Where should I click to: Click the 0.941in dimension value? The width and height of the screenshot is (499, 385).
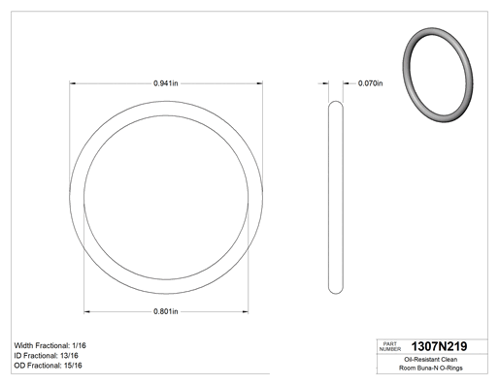click(166, 83)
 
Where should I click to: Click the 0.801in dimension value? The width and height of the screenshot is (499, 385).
click(166, 311)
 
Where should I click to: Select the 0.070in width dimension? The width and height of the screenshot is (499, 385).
click(370, 83)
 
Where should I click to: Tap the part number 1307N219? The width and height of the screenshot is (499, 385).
click(439, 346)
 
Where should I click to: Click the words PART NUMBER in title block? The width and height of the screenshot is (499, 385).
click(390, 346)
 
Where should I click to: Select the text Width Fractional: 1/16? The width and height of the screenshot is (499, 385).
click(50, 345)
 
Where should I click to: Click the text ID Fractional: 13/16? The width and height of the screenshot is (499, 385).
click(47, 356)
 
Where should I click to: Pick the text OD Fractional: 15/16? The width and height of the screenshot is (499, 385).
click(49, 366)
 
